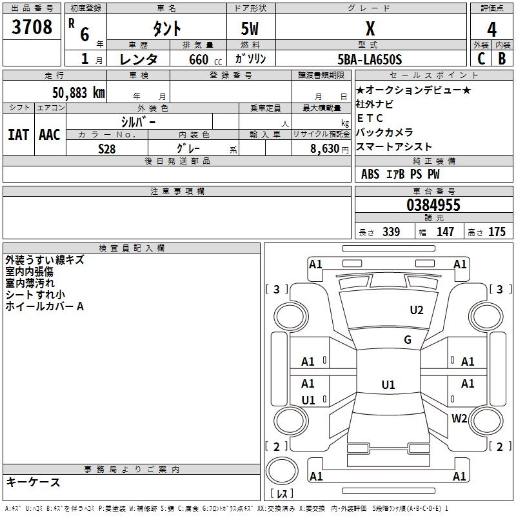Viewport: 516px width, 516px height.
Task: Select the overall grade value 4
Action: click(491, 30)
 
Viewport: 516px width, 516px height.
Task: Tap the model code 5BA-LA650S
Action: click(370, 59)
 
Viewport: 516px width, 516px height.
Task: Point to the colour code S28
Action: click(107, 148)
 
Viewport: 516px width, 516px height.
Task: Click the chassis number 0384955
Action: click(433, 205)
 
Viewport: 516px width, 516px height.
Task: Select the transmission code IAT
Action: click(18, 135)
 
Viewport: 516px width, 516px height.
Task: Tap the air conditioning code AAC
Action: click(50, 135)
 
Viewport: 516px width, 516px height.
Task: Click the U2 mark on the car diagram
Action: click(417, 310)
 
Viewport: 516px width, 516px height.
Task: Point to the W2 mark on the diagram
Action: click(459, 418)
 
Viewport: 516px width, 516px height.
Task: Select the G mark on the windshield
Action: click(408, 340)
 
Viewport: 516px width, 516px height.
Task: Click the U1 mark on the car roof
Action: click(388, 385)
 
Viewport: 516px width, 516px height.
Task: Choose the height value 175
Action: click(497, 232)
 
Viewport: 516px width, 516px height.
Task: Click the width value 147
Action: click(445, 232)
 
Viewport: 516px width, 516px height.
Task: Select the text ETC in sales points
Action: click(370, 118)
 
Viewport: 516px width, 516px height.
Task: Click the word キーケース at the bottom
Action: click(33, 482)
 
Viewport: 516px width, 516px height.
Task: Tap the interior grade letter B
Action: click(502, 59)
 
